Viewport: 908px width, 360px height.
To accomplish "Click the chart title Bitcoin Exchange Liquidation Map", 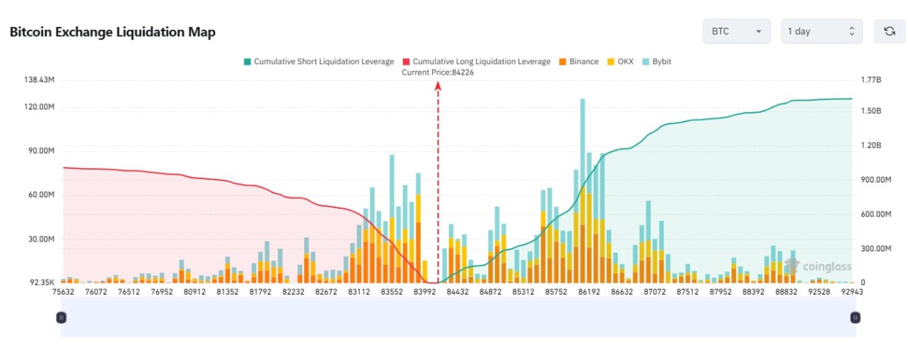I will (x=112, y=32).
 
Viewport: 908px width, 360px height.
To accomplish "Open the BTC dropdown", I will (x=735, y=31).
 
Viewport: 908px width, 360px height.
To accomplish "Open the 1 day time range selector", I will (x=821, y=31).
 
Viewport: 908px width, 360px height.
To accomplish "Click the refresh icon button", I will (x=889, y=31).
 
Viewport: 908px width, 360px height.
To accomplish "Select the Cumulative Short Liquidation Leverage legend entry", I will (x=318, y=61).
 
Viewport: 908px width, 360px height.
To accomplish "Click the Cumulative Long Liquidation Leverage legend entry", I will (x=477, y=61).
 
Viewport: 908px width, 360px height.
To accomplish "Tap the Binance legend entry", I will (x=579, y=61).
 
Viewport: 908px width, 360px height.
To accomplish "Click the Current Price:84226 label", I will (x=438, y=72).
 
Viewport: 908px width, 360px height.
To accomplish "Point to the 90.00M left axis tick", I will (x=40, y=151).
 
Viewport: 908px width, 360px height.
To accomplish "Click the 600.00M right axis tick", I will (x=875, y=214).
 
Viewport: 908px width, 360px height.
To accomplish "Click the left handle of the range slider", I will (x=61, y=318).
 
